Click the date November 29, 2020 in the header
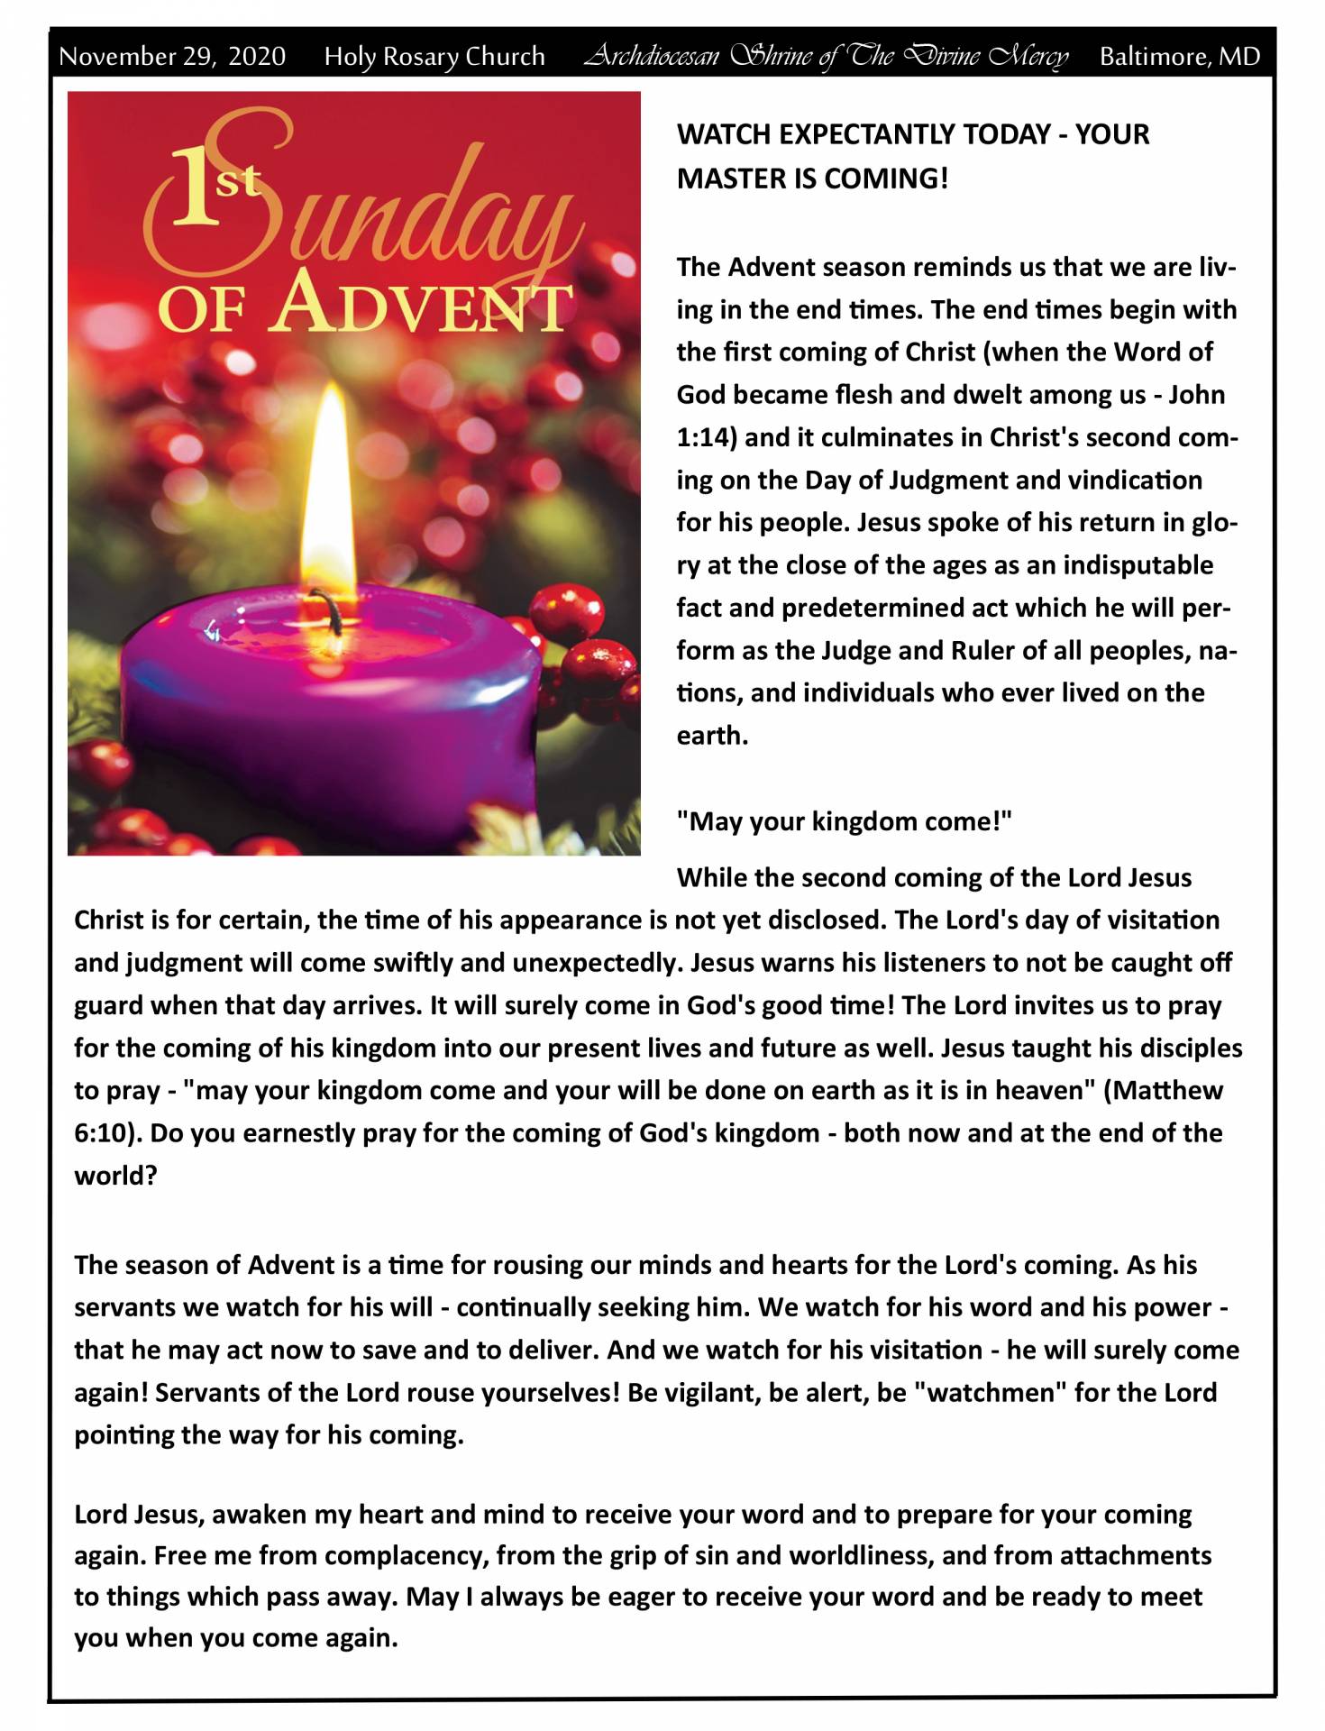172,57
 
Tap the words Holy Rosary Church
434,57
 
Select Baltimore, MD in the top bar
1179,57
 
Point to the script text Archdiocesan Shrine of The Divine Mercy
825,57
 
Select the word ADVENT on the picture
424,307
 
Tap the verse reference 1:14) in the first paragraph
707,437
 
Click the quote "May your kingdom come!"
844,821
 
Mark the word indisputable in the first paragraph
1138,565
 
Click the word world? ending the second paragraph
115,1176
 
